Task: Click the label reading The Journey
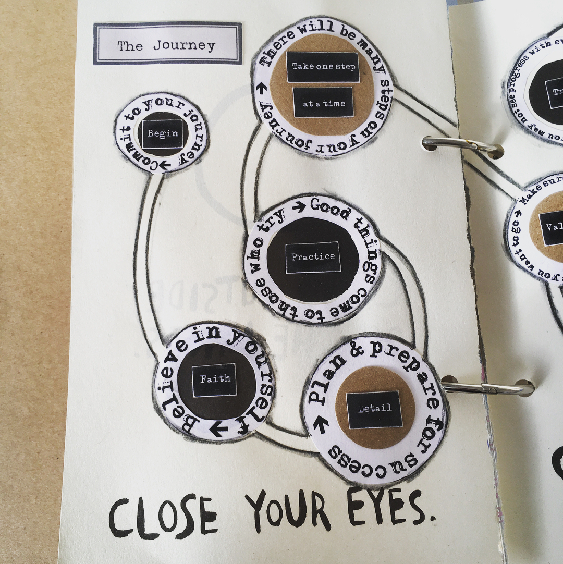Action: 167,45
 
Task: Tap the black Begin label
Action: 162,133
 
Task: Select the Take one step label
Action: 323,67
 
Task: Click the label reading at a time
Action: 323,103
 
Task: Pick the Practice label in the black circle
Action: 313,256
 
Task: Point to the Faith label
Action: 214,379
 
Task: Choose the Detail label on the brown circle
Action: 374,409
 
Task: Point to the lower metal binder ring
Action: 487,387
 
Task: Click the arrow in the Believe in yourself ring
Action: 218,428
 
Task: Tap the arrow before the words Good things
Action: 299,207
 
